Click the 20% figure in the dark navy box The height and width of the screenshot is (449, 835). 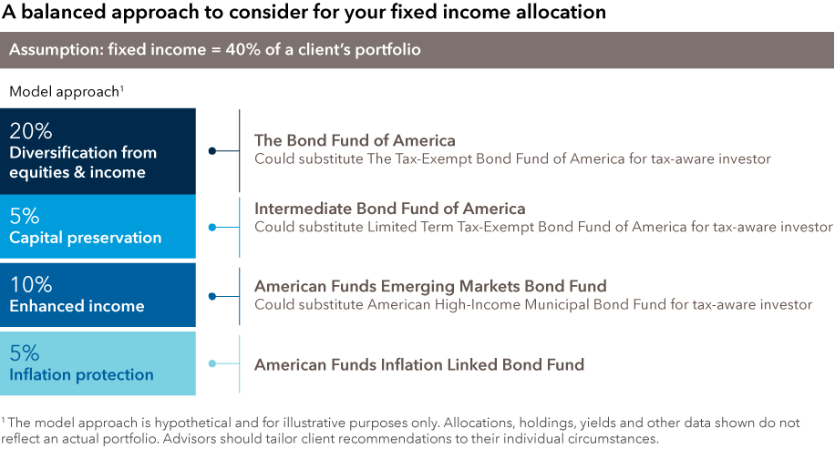point(31,131)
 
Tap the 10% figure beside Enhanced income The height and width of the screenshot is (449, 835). point(31,285)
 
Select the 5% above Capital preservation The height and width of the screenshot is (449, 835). point(25,216)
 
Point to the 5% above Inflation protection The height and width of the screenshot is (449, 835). point(25,353)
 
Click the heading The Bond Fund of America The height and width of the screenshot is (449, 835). point(355,140)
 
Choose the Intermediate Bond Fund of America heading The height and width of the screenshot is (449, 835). point(390,209)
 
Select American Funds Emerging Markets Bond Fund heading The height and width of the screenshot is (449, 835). point(430,286)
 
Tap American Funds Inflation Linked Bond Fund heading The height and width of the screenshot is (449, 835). point(419,364)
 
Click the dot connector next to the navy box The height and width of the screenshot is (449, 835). point(212,151)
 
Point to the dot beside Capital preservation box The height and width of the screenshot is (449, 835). point(212,228)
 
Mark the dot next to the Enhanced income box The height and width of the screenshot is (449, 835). point(212,296)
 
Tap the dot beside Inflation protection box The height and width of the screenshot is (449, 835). point(212,364)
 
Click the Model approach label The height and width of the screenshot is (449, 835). point(65,92)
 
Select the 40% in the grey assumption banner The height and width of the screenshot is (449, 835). point(243,49)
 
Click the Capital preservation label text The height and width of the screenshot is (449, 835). point(85,238)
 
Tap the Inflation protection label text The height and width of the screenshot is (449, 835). point(81,375)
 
